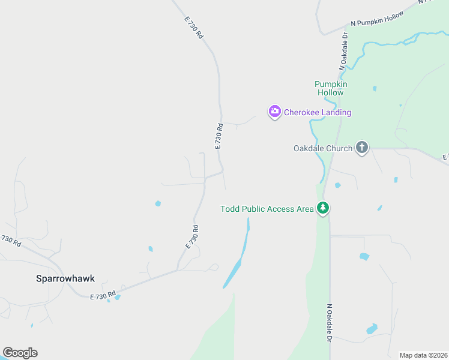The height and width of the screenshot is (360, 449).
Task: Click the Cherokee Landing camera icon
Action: [275, 112]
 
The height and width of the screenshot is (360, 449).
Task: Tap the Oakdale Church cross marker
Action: [361, 148]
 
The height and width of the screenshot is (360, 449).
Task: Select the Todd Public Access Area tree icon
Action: [324, 208]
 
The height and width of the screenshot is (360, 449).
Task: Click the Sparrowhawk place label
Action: [65, 278]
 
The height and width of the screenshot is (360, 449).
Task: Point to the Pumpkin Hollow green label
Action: [330, 88]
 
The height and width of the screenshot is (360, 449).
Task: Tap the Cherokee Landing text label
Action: [318, 112]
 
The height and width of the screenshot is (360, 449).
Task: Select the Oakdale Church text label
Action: [322, 148]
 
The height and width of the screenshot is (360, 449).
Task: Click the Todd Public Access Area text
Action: [267, 209]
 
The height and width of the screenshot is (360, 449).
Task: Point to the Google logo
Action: [20, 352]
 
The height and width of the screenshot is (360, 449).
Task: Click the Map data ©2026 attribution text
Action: [423, 355]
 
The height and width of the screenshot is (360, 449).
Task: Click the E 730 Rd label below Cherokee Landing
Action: [219, 136]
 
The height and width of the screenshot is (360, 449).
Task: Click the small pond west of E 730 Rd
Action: [158, 203]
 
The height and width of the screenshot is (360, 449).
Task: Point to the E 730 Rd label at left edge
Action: [10, 240]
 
